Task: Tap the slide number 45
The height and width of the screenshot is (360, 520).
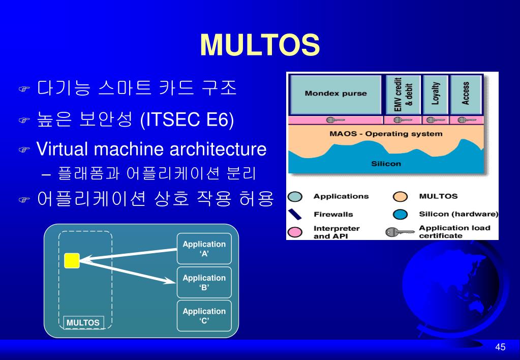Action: [x=500, y=347]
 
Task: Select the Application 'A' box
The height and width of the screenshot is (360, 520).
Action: [x=204, y=249]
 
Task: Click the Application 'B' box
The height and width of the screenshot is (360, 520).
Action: [x=204, y=282]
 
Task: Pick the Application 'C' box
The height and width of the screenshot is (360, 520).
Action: [x=204, y=315]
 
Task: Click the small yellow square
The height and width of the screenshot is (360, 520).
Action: [x=72, y=260]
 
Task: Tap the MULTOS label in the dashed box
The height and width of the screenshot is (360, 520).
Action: [x=83, y=322]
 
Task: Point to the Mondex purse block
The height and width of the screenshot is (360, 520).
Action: [x=335, y=94]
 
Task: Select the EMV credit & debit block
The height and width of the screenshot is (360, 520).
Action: [x=403, y=94]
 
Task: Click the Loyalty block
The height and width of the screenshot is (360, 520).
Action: [x=435, y=94]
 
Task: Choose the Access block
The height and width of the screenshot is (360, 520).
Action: [x=465, y=94]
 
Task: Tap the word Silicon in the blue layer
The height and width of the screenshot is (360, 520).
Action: [x=386, y=164]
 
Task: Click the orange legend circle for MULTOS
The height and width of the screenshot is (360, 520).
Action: [x=401, y=197]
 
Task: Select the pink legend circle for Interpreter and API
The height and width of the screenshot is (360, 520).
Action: [x=295, y=232]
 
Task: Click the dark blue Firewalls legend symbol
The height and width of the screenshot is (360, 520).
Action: [x=295, y=214]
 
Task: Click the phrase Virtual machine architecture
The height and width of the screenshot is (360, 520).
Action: [x=151, y=149]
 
